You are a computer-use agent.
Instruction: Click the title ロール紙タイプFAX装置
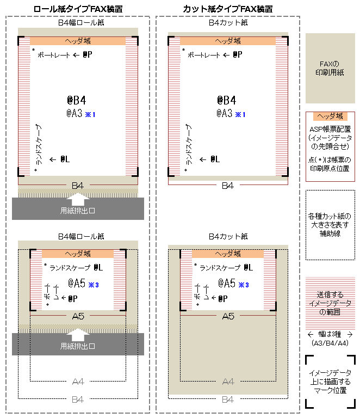pyautogui.click(x=78, y=9)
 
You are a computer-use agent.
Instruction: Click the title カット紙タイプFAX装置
pyautogui.click(x=228, y=9)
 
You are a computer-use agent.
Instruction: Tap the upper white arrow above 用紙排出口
pyautogui.click(x=77, y=199)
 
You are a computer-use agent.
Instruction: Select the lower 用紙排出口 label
pyautogui.click(x=77, y=346)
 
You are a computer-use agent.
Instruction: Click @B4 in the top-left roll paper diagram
pyautogui.click(x=77, y=100)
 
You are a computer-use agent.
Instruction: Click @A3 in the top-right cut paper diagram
pyautogui.click(x=225, y=113)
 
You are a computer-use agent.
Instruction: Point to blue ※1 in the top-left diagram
pyautogui.click(x=90, y=115)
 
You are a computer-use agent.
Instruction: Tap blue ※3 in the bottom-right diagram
pyautogui.click(x=244, y=285)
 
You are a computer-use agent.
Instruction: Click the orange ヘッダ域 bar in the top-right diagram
pyautogui.click(x=228, y=41)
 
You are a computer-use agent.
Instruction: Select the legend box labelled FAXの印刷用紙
pyautogui.click(x=330, y=68)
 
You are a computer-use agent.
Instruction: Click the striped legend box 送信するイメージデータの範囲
pyautogui.click(x=330, y=303)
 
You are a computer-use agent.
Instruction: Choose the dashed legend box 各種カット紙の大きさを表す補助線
pyautogui.click(x=330, y=225)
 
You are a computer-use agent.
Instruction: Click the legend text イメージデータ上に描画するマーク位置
pyautogui.click(x=330, y=382)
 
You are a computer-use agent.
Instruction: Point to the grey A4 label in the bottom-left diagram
pyautogui.click(x=78, y=382)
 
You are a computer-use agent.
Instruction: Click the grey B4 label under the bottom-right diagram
pyautogui.click(x=228, y=399)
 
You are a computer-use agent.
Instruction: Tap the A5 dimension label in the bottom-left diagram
pyautogui.click(x=78, y=316)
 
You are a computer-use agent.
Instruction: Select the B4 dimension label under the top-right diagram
pyautogui.click(x=228, y=186)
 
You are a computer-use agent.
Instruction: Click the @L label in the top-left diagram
pyautogui.click(x=65, y=159)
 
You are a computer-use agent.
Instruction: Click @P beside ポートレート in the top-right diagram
pyautogui.click(x=238, y=54)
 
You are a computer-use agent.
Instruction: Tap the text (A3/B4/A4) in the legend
pyautogui.click(x=330, y=343)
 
